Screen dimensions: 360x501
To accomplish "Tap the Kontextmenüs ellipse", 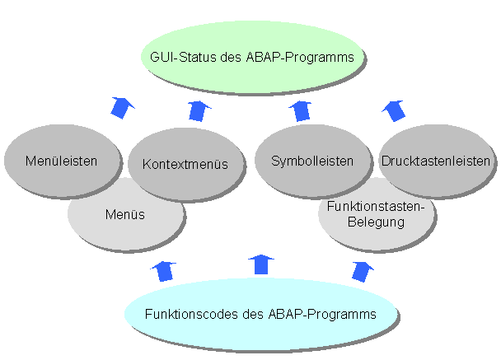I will click(x=184, y=164).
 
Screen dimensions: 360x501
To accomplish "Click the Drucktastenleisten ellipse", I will click(x=436, y=161).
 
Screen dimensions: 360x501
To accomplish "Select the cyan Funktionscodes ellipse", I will click(x=260, y=314).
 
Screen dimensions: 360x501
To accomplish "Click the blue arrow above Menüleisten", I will click(x=123, y=107).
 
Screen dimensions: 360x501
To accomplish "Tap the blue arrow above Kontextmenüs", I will click(x=199, y=110).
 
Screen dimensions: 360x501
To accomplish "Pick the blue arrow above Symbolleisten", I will click(x=302, y=110).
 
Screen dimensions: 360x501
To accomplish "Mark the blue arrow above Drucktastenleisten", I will click(x=395, y=108).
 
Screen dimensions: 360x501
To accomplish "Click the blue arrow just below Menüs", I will click(x=164, y=270).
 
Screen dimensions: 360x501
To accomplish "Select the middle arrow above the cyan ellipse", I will click(x=262, y=264).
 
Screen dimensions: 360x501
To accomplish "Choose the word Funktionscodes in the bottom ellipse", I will click(x=185, y=315).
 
